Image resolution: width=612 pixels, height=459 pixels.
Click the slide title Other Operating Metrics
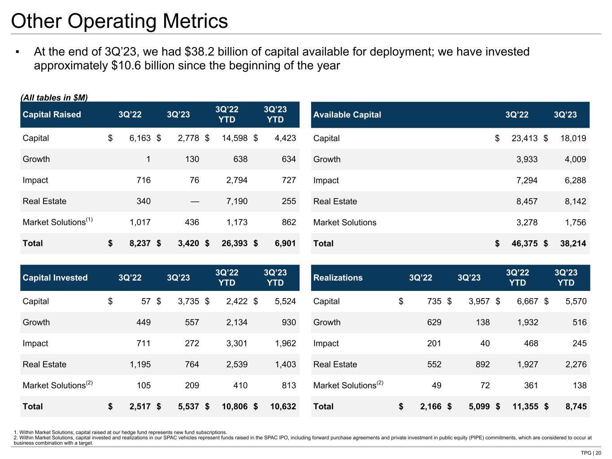tap(119, 21)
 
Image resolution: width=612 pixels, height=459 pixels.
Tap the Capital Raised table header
tap(52, 115)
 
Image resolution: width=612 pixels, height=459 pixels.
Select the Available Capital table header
tap(347, 115)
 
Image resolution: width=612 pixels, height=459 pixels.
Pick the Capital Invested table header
tap(55, 278)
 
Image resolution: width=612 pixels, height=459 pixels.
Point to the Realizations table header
tap(338, 278)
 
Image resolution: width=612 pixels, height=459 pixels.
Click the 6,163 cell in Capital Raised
tap(140, 138)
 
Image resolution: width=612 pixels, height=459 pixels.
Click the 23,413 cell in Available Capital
tap(524, 139)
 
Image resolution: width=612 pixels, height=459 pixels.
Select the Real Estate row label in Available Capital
tap(335, 202)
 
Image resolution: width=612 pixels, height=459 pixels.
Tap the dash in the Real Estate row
tap(195, 201)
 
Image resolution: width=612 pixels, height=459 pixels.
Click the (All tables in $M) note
tap(54, 98)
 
